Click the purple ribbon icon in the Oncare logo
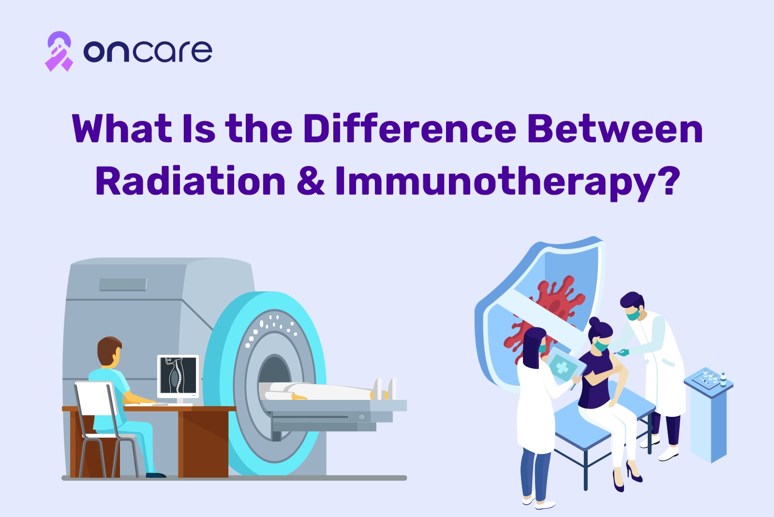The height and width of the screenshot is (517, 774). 59,51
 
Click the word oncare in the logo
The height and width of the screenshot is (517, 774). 148,51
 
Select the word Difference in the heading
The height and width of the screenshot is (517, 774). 409,129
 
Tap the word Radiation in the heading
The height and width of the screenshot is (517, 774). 191,181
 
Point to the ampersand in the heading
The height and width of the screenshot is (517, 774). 311,182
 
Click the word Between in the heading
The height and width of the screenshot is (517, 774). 615,129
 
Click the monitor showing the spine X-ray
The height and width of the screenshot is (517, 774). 179,377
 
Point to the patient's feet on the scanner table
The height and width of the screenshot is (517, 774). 386,389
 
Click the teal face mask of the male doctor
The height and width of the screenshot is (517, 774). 634,315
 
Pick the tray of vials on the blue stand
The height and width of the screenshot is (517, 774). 709,378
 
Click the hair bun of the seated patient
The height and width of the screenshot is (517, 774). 595,322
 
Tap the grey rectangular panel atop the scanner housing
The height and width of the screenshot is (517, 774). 123,284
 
